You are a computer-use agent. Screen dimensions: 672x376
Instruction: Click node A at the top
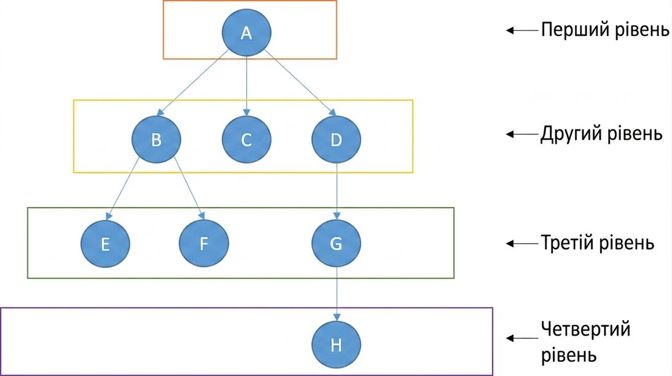point(246,32)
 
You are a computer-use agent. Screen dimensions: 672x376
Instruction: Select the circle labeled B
point(157,139)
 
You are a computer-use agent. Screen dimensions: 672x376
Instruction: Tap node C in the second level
point(246,139)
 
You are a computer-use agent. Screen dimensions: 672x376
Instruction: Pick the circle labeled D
point(337,139)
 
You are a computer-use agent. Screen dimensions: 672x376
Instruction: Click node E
point(106,243)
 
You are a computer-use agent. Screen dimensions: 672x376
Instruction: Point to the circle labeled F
point(204,243)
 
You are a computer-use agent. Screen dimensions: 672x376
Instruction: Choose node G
point(337,243)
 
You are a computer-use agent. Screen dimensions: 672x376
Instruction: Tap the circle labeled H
point(337,345)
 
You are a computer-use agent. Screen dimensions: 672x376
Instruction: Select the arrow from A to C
point(246,86)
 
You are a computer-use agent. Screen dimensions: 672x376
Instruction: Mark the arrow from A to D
point(300,82)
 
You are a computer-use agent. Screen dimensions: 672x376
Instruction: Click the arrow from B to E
point(123,189)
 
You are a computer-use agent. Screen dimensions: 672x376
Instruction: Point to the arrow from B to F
point(189,189)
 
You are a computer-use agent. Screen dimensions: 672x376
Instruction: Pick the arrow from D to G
point(337,191)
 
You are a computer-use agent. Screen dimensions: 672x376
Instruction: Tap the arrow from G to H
point(337,294)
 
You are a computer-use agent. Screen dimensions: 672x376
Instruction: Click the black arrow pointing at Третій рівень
point(522,243)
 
